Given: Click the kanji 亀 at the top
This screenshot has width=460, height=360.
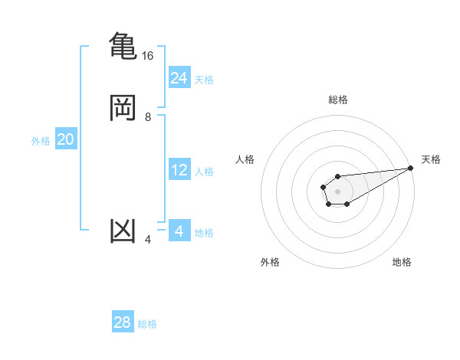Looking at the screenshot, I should click(x=123, y=45).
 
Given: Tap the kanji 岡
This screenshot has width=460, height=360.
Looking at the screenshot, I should click(x=123, y=107).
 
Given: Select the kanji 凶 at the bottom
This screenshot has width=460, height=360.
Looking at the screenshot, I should click(x=123, y=230).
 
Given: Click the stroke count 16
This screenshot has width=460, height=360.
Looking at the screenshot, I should click(x=147, y=56).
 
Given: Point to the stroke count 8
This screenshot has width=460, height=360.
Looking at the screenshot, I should click(x=147, y=117).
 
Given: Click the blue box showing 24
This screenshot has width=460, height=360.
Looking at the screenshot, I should click(x=179, y=77).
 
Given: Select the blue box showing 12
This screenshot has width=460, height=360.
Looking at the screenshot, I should click(x=179, y=170).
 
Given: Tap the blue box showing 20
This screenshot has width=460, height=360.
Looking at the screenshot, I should click(x=65, y=139).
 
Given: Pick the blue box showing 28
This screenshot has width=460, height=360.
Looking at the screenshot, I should click(x=123, y=322).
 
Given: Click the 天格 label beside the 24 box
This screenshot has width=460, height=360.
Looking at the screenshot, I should click(x=204, y=80).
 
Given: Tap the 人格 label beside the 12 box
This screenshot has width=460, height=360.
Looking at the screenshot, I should click(x=204, y=172).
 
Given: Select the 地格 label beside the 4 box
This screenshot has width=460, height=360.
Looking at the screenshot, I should click(x=204, y=233).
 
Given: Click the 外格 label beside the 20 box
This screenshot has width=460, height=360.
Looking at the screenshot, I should click(x=41, y=141).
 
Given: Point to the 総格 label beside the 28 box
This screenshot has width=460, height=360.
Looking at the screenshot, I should click(x=147, y=324).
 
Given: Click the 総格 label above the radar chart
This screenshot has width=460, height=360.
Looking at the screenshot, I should click(x=338, y=100).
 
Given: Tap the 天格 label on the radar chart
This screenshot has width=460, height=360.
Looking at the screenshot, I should click(x=431, y=159).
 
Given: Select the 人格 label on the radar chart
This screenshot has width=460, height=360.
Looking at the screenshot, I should click(x=245, y=159).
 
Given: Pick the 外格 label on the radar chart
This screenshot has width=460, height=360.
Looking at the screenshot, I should click(x=270, y=262).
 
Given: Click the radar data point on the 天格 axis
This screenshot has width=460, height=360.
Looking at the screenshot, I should click(x=411, y=169).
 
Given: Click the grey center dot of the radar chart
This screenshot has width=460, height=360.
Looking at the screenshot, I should click(x=337, y=190).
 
